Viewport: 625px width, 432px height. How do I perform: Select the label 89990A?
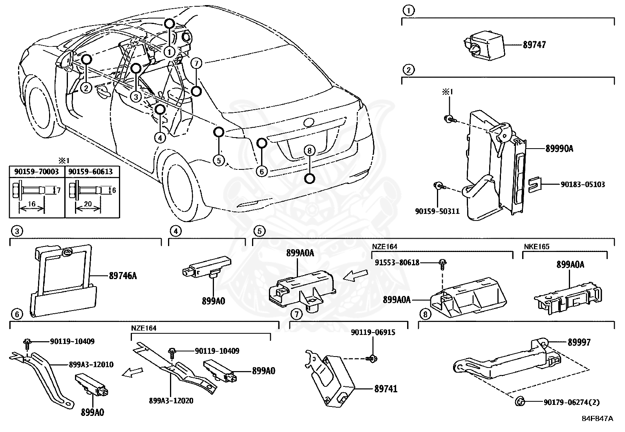559,149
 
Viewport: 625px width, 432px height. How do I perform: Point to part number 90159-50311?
437,211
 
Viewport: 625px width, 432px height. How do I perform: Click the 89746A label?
123,276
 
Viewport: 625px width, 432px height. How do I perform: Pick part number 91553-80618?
397,262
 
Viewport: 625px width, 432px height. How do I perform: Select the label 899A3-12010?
91,364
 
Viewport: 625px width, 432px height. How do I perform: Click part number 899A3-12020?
171,401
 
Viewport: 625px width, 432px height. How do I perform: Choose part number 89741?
386,389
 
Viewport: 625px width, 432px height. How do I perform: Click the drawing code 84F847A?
597,418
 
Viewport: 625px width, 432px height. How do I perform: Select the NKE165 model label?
536,247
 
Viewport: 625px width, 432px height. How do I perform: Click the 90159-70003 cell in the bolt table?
37,172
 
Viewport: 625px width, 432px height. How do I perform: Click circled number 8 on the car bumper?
309,151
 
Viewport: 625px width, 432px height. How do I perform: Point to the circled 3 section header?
16,231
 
